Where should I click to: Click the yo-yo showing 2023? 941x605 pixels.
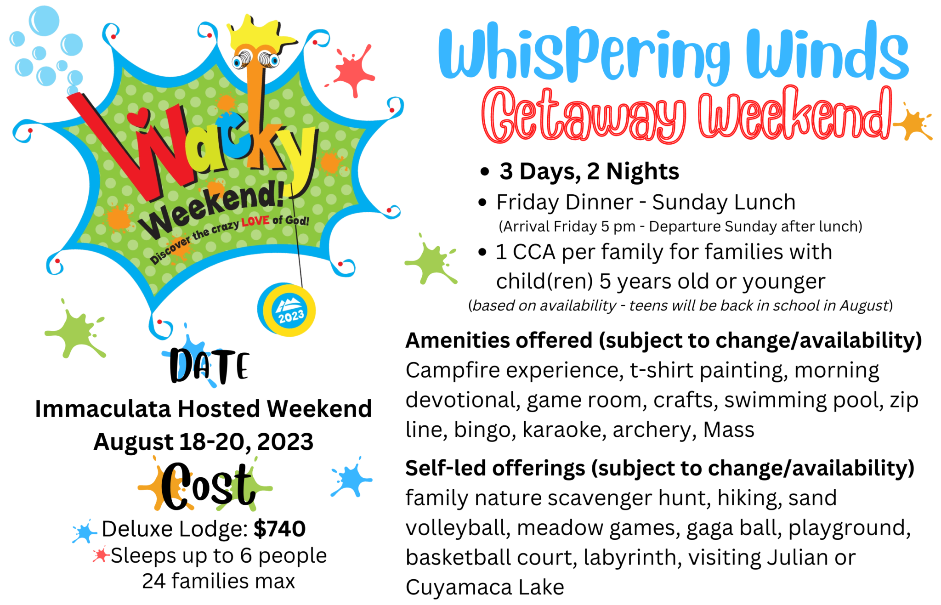click(287, 309)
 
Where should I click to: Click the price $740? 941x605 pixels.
click(279, 528)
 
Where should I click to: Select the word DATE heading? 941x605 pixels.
click(210, 366)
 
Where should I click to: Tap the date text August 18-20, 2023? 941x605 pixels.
click(204, 441)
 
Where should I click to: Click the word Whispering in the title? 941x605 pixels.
click(584, 54)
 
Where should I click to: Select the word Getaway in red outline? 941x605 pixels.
click(584, 115)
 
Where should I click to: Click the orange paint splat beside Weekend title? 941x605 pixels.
click(913, 122)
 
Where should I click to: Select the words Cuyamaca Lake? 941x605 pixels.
click(485, 587)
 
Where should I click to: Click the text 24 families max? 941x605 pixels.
click(218, 581)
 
